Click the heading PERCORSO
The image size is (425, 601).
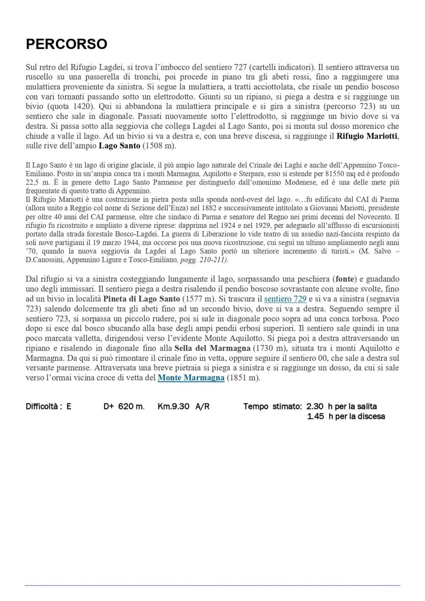66,44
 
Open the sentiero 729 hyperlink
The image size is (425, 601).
285,299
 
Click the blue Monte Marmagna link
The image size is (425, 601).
191,377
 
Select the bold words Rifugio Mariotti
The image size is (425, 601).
368,136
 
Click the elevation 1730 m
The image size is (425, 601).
267,348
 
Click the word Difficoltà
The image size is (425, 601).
42,406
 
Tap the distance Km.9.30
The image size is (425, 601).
173,406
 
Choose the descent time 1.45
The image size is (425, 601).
316,417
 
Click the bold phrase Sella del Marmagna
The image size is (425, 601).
212,348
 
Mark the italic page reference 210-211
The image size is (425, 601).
212,260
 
